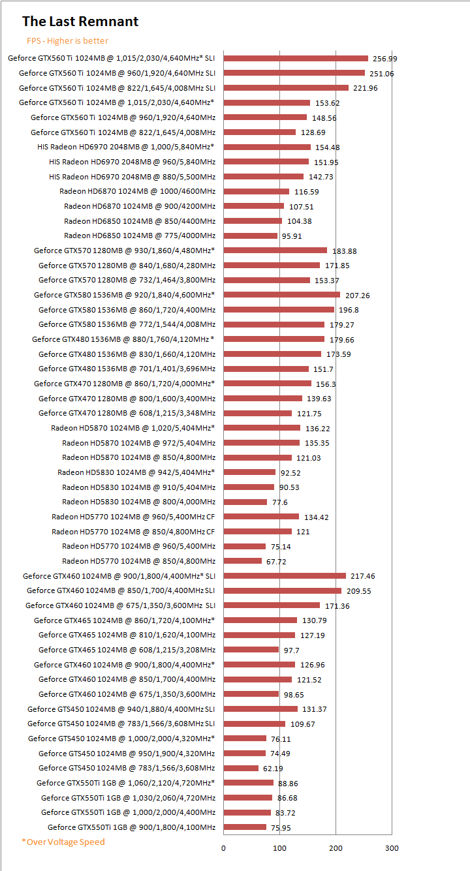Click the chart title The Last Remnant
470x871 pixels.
tap(80, 22)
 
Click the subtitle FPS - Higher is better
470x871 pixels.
tap(68, 40)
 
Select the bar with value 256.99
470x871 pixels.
tap(296, 58)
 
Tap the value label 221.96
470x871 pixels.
tap(365, 88)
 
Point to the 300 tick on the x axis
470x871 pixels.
tap(391, 848)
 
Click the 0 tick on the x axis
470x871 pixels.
tap(224, 848)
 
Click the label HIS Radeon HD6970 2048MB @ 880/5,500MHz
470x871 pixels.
tap(132, 177)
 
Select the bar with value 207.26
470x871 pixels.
tap(282, 295)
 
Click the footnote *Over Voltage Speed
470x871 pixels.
tap(63, 842)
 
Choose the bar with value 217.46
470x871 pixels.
tap(285, 575)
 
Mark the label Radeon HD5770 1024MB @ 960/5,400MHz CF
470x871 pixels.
tap(133, 517)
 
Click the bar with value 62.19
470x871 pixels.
tap(242, 768)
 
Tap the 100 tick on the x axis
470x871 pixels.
tap(280, 848)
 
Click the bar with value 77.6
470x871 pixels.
tap(245, 502)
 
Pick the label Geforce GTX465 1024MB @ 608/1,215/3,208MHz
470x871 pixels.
tap(127, 650)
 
